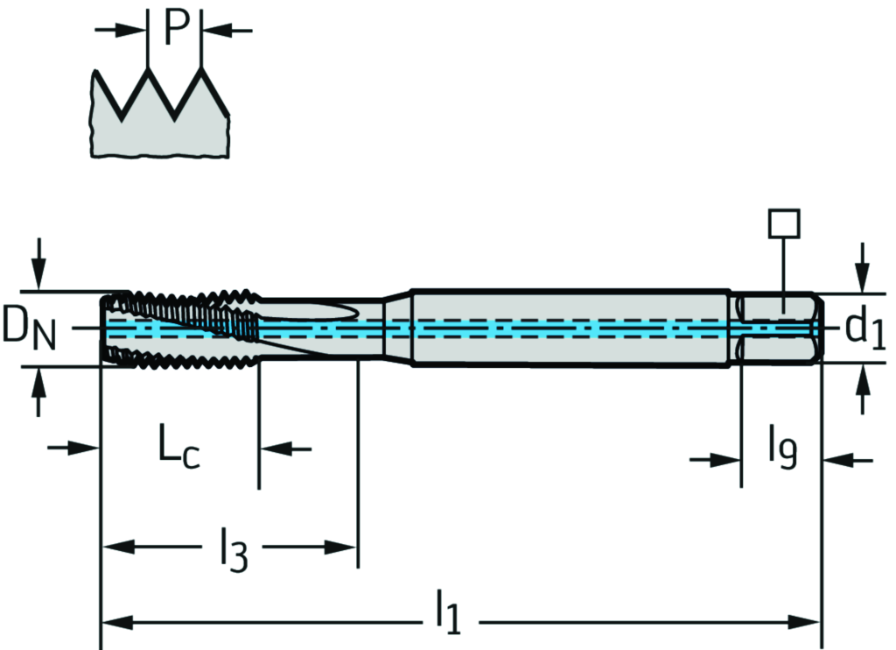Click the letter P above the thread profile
[177, 29]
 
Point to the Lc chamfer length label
[179, 447]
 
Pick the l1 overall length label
[447, 611]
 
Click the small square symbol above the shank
[784, 223]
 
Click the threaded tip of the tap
[179, 326]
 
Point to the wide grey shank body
[569, 327]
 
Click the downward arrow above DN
[38, 263]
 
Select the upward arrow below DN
[38, 392]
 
